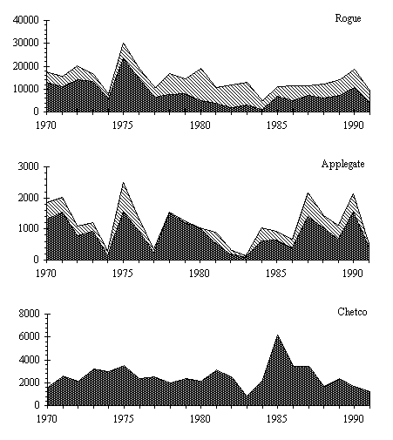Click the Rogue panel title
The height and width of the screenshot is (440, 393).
click(348, 18)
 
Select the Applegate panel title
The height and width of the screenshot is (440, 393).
click(342, 164)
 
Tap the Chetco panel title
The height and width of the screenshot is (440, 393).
click(352, 312)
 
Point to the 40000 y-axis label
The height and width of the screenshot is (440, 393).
click(26, 20)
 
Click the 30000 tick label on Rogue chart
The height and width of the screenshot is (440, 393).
click(26, 43)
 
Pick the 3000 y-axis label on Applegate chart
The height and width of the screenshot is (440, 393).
click(28, 166)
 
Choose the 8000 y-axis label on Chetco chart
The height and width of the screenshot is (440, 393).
click(28, 314)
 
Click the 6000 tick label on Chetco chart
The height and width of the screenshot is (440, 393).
click(28, 336)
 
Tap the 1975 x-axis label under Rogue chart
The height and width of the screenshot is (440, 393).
click(123, 125)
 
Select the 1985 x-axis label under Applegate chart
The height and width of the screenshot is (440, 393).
click(276, 274)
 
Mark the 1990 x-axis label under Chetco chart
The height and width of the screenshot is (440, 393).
click(353, 418)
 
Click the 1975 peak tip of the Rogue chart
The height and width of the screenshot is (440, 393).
click(124, 43)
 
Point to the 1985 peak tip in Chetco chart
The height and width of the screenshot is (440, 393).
click(277, 335)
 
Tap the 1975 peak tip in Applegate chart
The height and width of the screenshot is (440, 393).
click(124, 182)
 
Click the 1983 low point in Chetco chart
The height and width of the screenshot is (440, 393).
click(247, 396)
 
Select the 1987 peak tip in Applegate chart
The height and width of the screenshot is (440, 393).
click(308, 193)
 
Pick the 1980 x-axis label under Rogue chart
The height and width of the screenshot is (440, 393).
click(200, 125)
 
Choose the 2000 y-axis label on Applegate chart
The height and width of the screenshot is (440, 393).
click(28, 198)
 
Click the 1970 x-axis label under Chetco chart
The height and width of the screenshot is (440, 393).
click(46, 418)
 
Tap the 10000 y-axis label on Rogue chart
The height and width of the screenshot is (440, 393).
click(26, 89)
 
